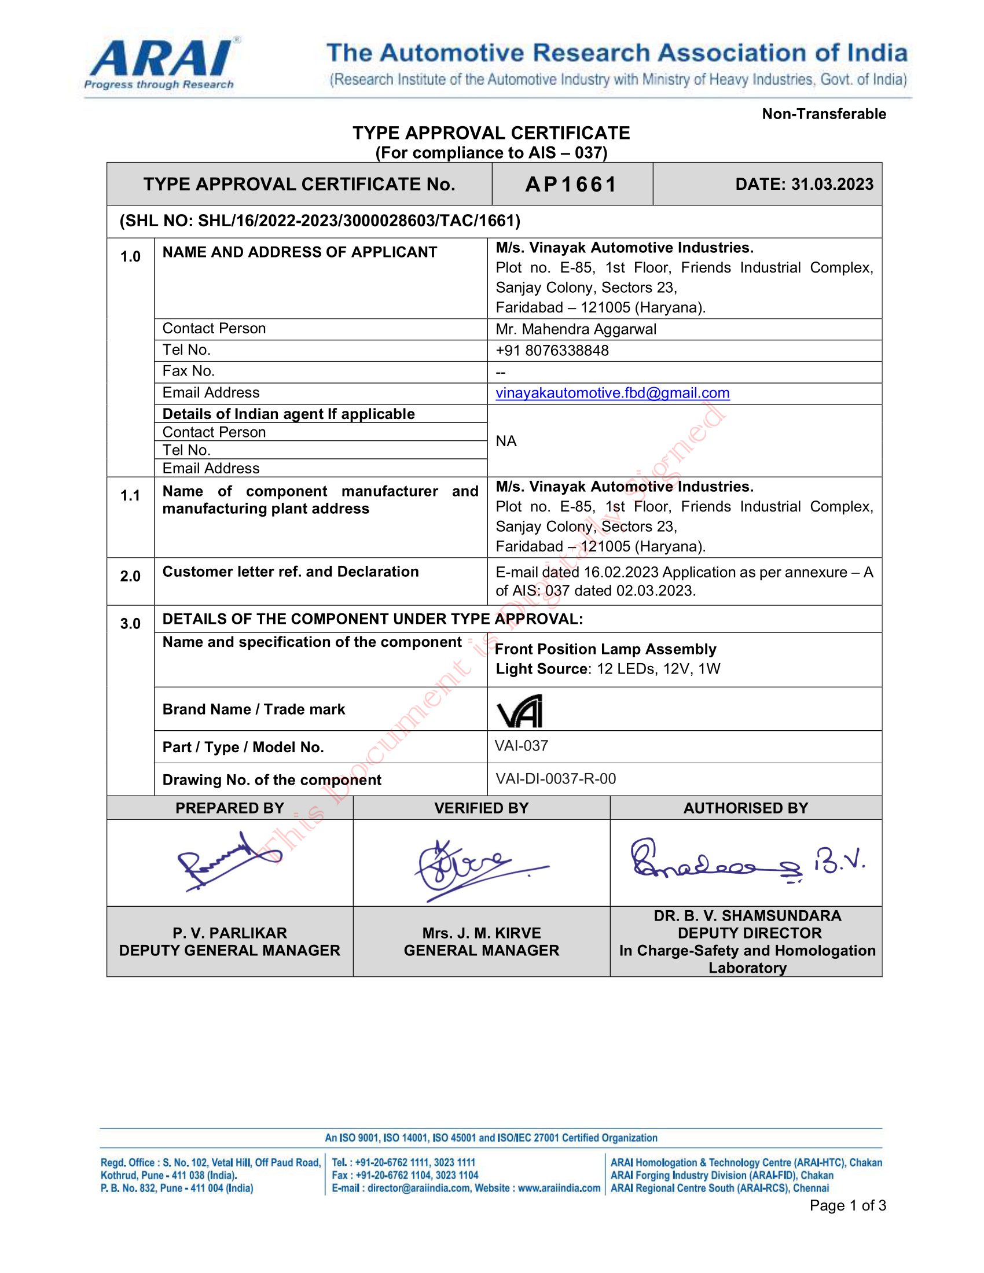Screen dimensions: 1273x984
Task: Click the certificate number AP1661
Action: pyautogui.click(x=571, y=185)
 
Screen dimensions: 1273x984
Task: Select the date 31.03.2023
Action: pyautogui.click(x=832, y=184)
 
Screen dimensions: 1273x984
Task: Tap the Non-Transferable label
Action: pyautogui.click(x=823, y=113)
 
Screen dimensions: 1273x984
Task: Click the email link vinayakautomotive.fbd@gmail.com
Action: pyautogui.click(x=612, y=393)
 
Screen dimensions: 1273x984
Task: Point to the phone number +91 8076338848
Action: pyautogui.click(x=552, y=350)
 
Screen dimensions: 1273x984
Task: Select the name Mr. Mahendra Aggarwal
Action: pyautogui.click(x=576, y=329)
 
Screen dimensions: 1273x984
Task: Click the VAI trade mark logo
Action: pyautogui.click(x=519, y=711)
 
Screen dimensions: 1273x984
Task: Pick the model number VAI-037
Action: pyautogui.click(x=521, y=746)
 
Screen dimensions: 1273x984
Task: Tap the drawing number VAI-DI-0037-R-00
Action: pyautogui.click(x=556, y=779)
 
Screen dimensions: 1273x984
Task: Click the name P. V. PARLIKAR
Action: pyautogui.click(x=230, y=933)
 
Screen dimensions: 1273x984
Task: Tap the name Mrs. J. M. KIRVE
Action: pyautogui.click(x=482, y=933)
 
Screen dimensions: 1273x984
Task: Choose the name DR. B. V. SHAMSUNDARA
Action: pyautogui.click(x=747, y=916)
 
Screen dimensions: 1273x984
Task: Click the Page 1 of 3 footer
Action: pyautogui.click(x=847, y=1205)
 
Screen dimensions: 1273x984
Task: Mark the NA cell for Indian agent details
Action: pyautogui.click(x=506, y=441)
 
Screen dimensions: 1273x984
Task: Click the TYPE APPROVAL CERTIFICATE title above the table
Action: pyautogui.click(x=491, y=133)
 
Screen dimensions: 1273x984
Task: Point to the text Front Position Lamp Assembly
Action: pyautogui.click(x=605, y=649)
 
